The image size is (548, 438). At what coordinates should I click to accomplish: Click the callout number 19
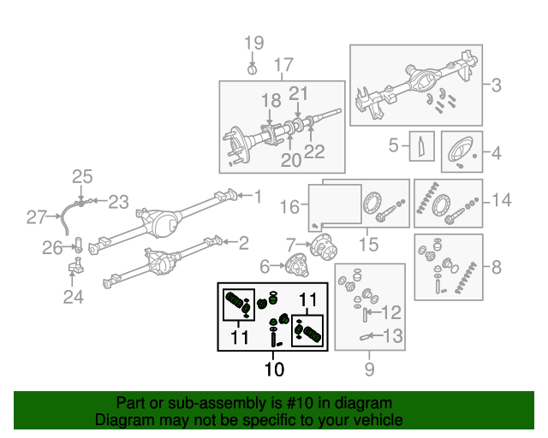pos(254,44)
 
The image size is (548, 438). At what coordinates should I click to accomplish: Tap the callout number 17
pos(283,65)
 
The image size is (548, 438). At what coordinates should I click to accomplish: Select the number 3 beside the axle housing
pos(497,84)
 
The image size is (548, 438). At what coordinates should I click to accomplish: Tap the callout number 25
pos(81,177)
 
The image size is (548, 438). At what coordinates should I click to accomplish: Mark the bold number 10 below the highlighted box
pos(274,370)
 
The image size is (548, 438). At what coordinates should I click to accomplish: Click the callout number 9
pos(370,370)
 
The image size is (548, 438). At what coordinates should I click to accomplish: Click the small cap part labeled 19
pos(253,68)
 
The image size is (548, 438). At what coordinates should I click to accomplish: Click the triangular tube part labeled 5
pos(423,146)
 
